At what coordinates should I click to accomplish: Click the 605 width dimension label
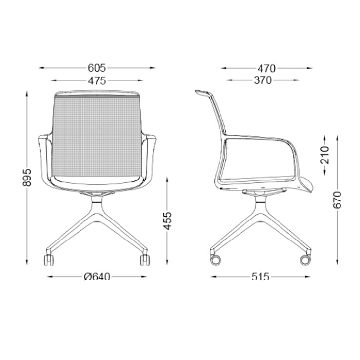coord(97,68)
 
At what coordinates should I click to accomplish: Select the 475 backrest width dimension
coord(97,80)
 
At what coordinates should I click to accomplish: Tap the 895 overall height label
coord(27,178)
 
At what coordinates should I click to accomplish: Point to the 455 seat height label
coord(167,220)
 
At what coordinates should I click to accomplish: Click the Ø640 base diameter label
coord(97,277)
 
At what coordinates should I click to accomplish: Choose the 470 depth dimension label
coord(266,68)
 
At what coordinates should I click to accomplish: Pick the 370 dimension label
coord(262,80)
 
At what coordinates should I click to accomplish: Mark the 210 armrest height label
coord(325,155)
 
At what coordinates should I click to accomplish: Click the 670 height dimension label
coord(337,200)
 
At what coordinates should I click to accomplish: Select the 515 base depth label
coord(260,277)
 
